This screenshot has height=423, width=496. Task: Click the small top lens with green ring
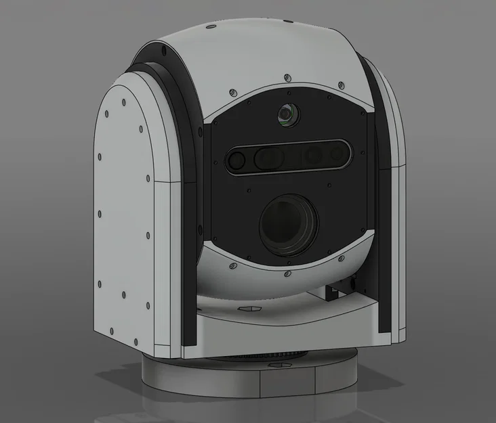tap(287, 116)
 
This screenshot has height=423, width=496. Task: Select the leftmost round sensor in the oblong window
tap(236, 160)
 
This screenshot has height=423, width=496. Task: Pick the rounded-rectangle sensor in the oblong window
tap(270, 158)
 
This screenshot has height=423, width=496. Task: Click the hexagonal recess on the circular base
tap(276, 365)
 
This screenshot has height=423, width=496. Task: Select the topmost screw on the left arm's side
tap(124, 103)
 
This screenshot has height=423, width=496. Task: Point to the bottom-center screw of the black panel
tap(288, 273)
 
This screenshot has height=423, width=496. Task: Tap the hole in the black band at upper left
tap(163, 51)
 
